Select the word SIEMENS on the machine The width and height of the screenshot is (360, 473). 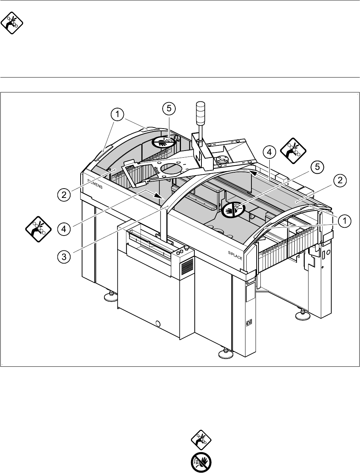[x=95, y=183]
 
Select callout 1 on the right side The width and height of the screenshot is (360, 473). [x=344, y=221]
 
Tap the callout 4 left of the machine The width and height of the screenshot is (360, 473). [x=64, y=228]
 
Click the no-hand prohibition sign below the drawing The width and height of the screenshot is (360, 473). [x=201, y=462]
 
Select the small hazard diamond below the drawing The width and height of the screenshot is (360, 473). [x=201, y=439]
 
